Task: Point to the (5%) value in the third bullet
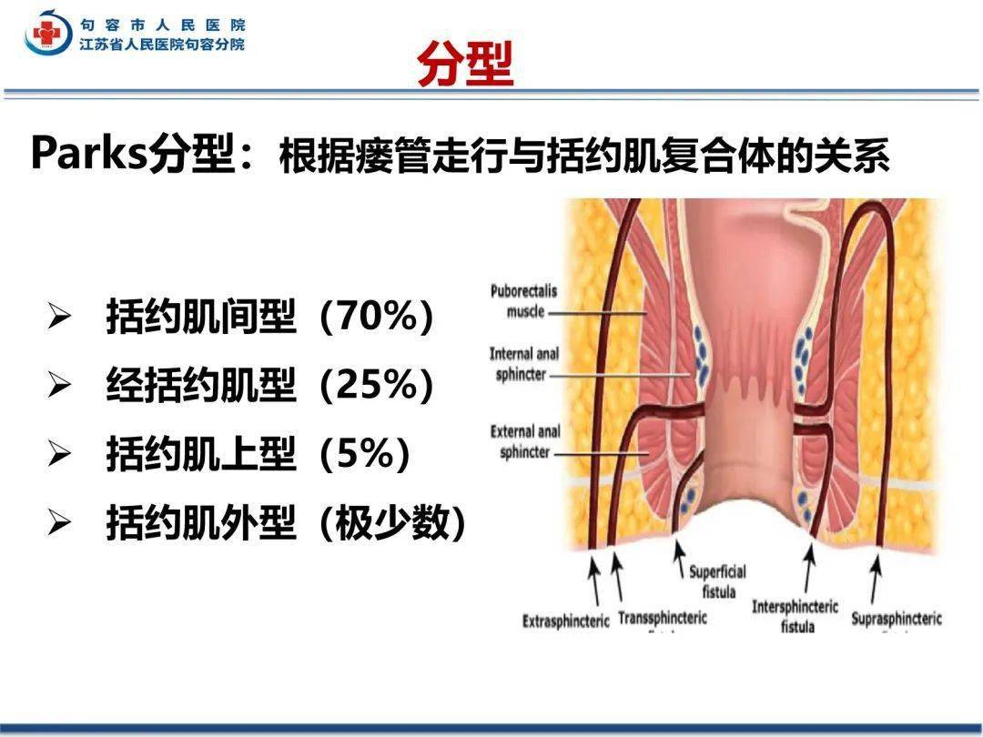click(364, 454)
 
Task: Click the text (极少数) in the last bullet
click(392, 523)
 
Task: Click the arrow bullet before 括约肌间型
click(59, 318)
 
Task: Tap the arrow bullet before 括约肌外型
click(59, 523)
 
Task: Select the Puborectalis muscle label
click(523, 301)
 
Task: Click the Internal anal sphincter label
click(524, 364)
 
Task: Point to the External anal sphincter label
click(525, 440)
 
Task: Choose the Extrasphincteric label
click(565, 621)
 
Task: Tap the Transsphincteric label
click(662, 618)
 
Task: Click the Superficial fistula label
click(717, 581)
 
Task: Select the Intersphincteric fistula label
click(796, 615)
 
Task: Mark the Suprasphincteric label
click(897, 620)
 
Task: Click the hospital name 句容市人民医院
click(162, 25)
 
